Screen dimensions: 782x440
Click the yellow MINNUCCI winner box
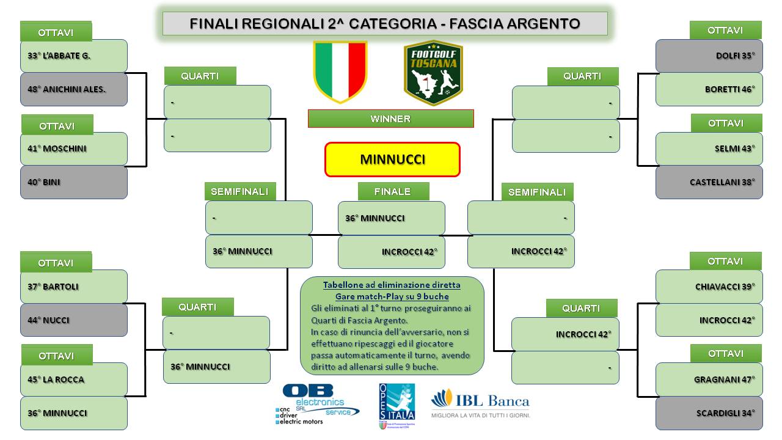tap(392, 159)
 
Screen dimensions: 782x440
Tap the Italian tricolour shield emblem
tap(340, 72)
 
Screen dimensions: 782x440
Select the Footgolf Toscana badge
tap(433, 73)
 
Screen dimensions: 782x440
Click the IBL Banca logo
tap(481, 403)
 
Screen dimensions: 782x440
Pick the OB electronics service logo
tap(317, 405)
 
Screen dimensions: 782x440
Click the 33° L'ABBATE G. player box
tap(74, 56)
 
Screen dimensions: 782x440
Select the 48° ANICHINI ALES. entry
tap(74, 89)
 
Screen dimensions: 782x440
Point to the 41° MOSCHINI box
tap(74, 148)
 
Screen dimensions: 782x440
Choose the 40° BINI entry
tap(74, 182)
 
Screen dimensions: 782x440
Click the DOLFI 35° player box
tap(709, 56)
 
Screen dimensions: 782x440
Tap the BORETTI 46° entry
tap(709, 89)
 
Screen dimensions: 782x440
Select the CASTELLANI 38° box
tap(709, 182)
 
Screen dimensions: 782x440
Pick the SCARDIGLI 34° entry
tap(709, 414)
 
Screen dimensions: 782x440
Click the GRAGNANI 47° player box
tap(709, 380)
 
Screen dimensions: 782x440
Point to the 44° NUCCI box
tap(74, 320)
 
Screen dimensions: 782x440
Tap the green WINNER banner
tap(390, 119)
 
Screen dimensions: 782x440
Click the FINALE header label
tap(393, 191)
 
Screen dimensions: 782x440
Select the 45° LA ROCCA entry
tap(74, 380)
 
